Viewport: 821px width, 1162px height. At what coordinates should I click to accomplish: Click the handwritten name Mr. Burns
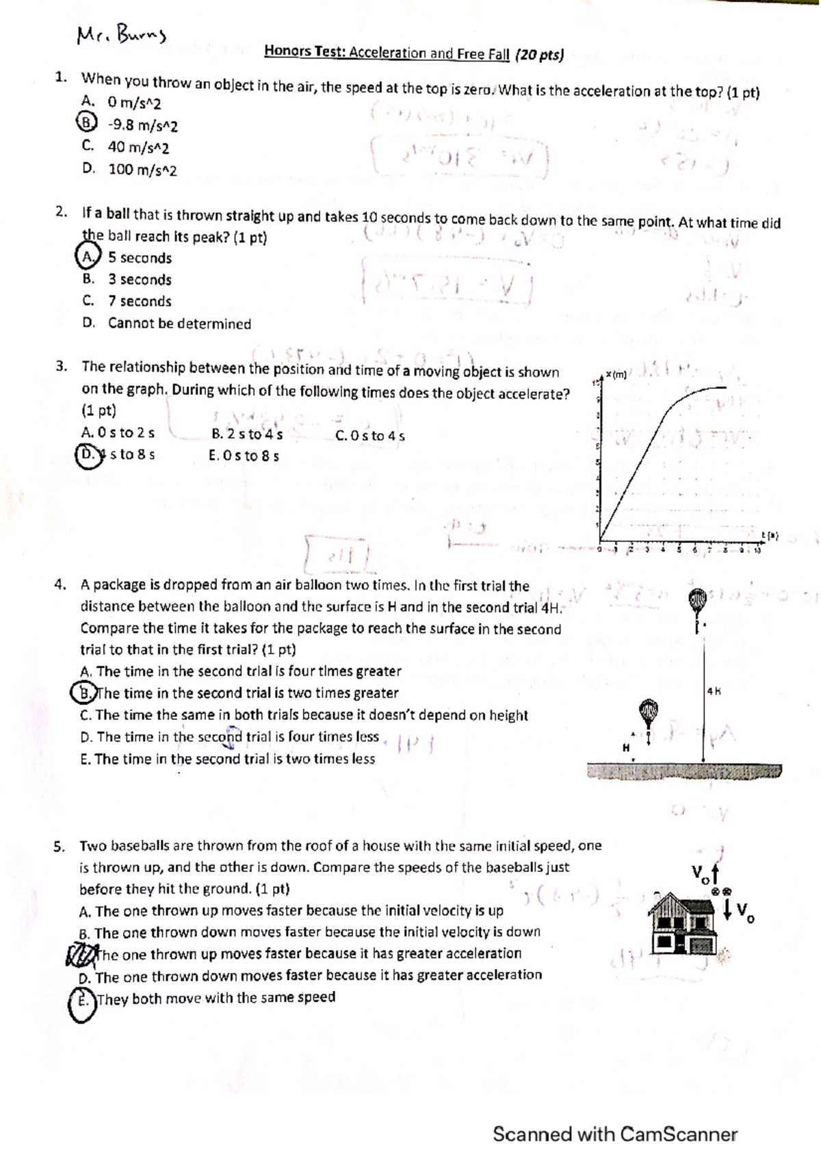point(122,34)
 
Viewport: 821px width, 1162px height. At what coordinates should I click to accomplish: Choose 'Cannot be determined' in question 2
point(179,324)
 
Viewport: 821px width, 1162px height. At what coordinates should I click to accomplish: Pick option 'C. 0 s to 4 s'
point(370,435)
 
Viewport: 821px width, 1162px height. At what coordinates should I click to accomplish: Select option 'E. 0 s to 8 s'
point(244,456)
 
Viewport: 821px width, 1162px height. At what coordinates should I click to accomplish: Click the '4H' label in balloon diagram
point(714,691)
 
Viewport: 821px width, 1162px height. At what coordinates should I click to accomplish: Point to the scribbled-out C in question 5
point(79,953)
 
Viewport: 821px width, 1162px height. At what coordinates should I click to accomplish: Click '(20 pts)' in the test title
point(539,54)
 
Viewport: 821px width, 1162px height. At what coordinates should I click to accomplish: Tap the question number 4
point(61,584)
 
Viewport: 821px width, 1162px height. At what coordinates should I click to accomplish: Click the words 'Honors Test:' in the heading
point(304,51)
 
